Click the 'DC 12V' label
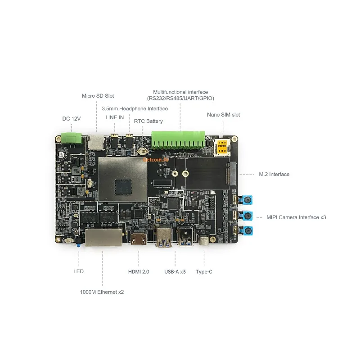coord(71,119)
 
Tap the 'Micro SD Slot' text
coord(98,96)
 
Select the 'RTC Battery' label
coord(148,121)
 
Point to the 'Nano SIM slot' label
coord(223,115)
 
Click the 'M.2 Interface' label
coord(274,174)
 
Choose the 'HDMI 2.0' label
coord(139,272)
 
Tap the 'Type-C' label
coord(203,272)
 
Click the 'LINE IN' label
coord(114,117)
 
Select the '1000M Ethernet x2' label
coord(102,292)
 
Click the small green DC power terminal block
coord(72,137)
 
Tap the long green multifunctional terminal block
coord(178,139)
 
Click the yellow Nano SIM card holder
coord(222,146)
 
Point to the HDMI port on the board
coord(139,238)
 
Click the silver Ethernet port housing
coord(103,237)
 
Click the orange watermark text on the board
coord(155,158)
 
